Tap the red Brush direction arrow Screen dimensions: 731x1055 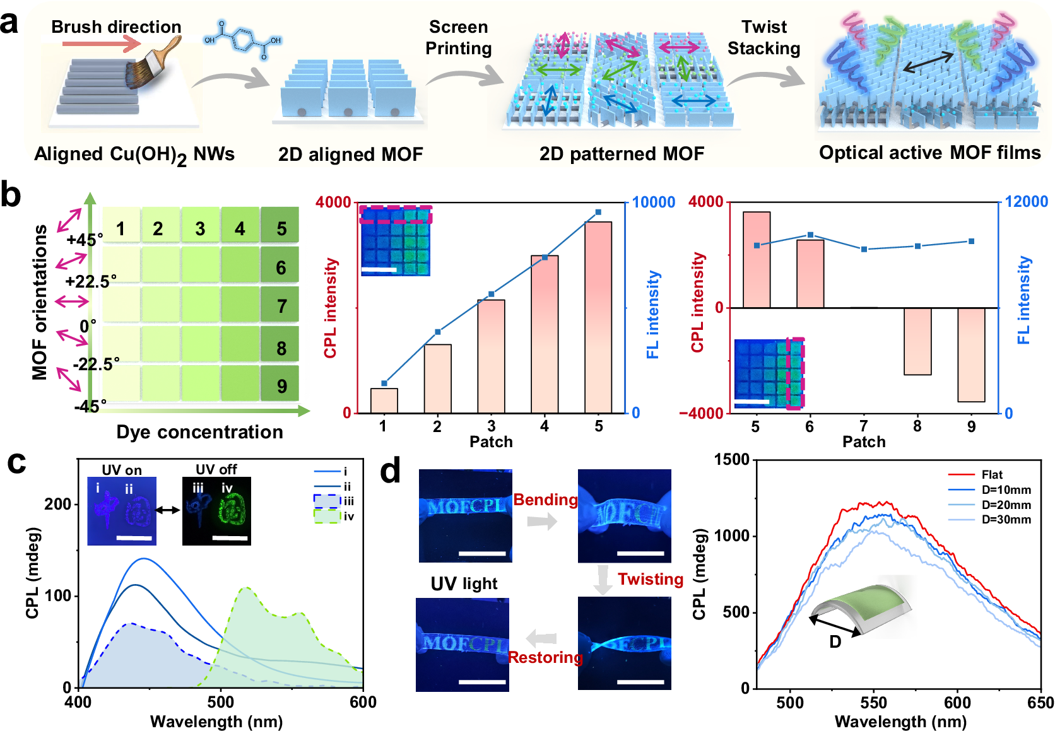click(x=102, y=44)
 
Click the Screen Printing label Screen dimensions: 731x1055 click(x=458, y=37)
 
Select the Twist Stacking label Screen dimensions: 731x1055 click(x=763, y=37)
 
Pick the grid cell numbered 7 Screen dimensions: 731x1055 click(x=281, y=307)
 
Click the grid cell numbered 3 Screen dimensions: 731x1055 click(x=200, y=228)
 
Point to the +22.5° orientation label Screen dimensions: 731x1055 click(x=91, y=281)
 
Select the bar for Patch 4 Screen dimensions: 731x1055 click(x=545, y=334)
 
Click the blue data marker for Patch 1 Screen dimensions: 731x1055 click(x=384, y=383)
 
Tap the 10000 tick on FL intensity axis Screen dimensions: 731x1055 click(x=654, y=202)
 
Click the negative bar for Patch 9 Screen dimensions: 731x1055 click(x=971, y=354)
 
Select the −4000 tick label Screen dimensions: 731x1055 click(x=701, y=413)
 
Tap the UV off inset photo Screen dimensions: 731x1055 click(x=216, y=511)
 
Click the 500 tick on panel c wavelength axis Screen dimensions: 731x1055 click(x=221, y=702)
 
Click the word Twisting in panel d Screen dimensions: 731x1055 click(x=650, y=579)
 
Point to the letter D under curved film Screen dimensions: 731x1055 click(x=835, y=642)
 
